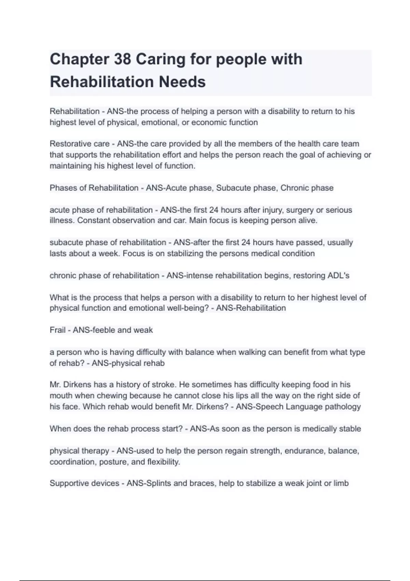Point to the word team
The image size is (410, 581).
[350, 144]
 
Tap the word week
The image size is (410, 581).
[108, 254]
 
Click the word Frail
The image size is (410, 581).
[57, 330]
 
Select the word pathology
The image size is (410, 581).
[344, 407]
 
